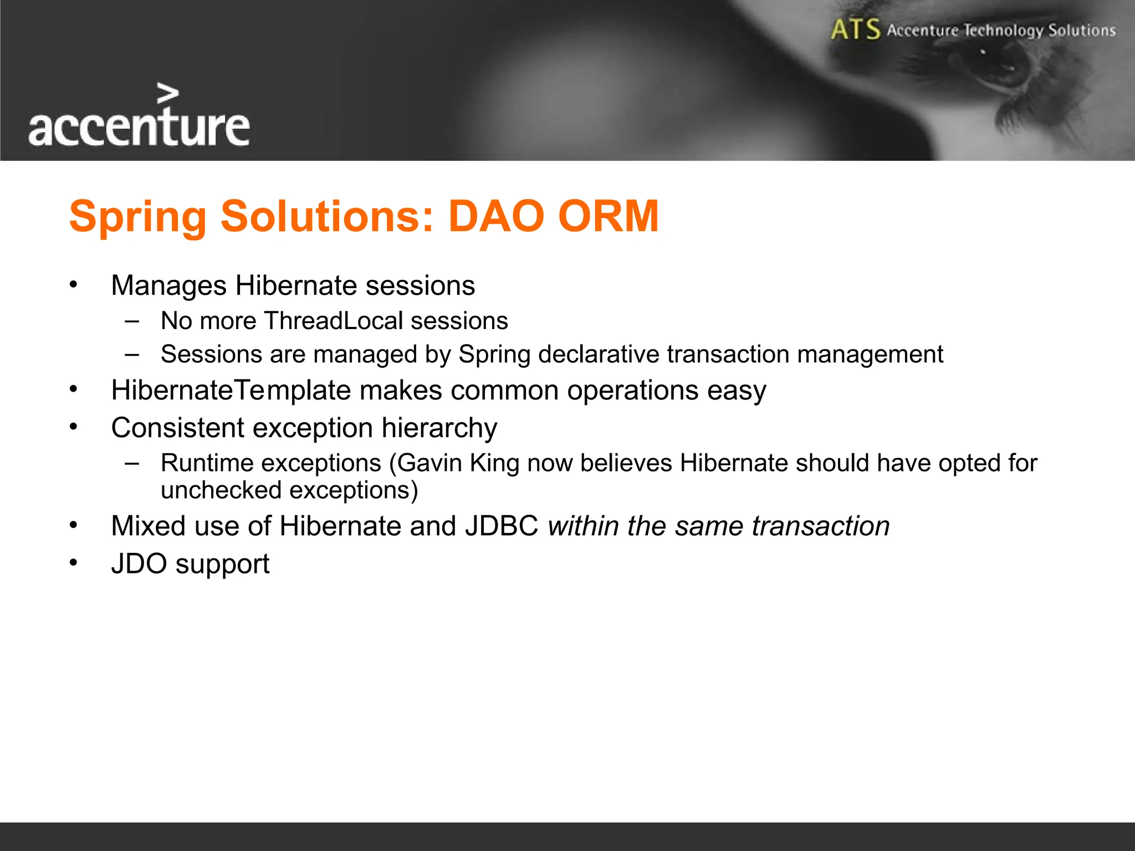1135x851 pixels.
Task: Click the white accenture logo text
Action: click(x=139, y=127)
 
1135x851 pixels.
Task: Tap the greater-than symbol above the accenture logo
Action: click(x=167, y=94)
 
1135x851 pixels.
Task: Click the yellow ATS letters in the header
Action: click(x=855, y=29)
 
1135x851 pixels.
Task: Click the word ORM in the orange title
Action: click(x=608, y=216)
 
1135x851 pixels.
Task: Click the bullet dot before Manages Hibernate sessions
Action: click(x=74, y=285)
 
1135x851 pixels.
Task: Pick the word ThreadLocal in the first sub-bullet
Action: click(x=334, y=321)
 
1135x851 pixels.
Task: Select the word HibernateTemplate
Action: click(x=231, y=390)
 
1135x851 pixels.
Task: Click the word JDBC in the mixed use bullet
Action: click(x=502, y=526)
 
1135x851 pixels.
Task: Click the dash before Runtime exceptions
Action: click(x=132, y=463)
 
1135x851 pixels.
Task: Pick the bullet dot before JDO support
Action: click(x=74, y=563)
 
